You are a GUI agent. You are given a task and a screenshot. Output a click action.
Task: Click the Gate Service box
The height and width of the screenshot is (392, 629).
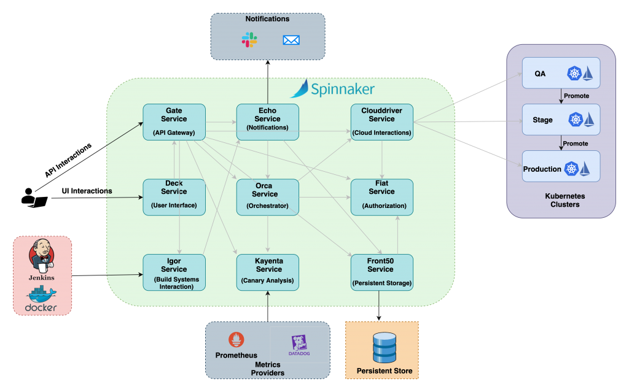point(174,122)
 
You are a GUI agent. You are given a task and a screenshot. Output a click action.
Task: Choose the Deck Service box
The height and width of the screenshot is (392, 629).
point(174,197)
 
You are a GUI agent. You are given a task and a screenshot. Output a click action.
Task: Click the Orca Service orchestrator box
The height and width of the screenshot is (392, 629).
point(267,197)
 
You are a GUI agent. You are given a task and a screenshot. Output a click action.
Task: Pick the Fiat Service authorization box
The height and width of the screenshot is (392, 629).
point(381,197)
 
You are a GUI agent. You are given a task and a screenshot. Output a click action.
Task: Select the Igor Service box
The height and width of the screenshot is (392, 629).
point(174,272)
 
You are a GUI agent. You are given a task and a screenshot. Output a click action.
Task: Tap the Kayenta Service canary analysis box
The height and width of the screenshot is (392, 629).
point(268,272)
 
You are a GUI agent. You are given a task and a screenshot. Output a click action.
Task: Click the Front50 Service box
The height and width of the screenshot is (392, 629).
point(381,272)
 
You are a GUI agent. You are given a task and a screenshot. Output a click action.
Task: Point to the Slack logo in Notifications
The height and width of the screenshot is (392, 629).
point(249,40)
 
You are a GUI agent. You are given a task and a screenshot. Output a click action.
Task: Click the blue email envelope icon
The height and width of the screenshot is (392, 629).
point(291,40)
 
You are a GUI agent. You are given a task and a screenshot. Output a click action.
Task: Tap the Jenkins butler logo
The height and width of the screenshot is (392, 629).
point(42,257)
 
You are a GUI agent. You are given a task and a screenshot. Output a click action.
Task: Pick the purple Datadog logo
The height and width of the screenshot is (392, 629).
point(299,345)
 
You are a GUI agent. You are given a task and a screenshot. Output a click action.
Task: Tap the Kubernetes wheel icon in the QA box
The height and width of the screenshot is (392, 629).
point(574,74)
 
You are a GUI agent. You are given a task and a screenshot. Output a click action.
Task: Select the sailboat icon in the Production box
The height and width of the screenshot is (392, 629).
point(585,168)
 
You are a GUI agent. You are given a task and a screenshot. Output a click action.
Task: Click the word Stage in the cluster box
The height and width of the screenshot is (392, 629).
point(542,120)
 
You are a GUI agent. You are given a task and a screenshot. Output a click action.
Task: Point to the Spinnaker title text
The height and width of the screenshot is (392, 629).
point(342,90)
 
